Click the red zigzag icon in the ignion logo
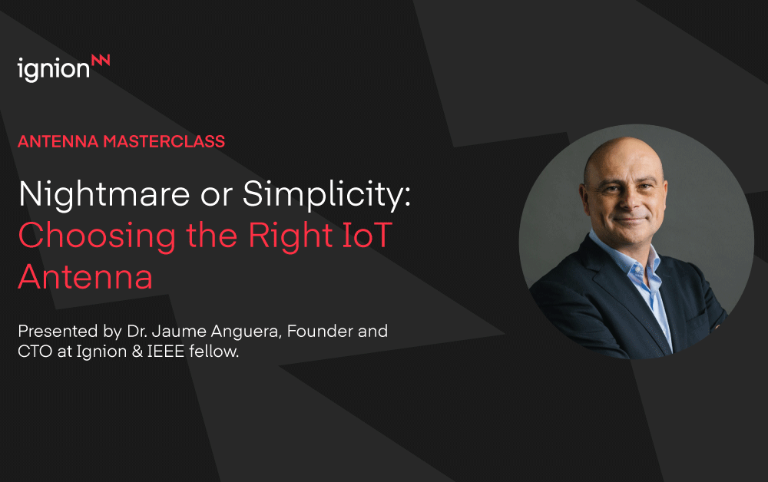click(x=101, y=60)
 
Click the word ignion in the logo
click(x=54, y=70)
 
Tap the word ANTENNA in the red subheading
click(x=58, y=141)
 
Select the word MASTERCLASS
click(x=164, y=141)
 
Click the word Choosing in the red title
click(x=97, y=236)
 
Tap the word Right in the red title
click(x=291, y=236)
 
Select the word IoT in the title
click(x=367, y=236)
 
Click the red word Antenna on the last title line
click(x=85, y=277)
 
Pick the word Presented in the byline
click(x=58, y=332)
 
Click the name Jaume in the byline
click(x=179, y=332)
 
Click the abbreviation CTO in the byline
click(x=35, y=352)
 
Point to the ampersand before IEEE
click(x=137, y=352)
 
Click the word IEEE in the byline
click(x=166, y=352)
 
